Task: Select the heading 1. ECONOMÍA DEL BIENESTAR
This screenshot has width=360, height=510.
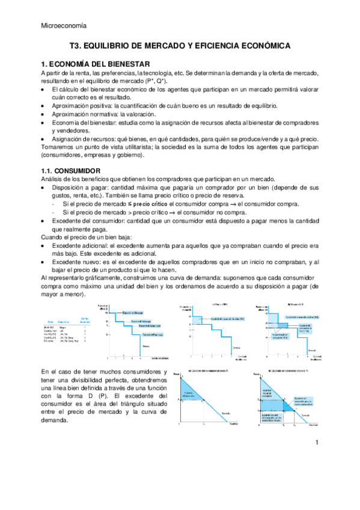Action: (x=96, y=64)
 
